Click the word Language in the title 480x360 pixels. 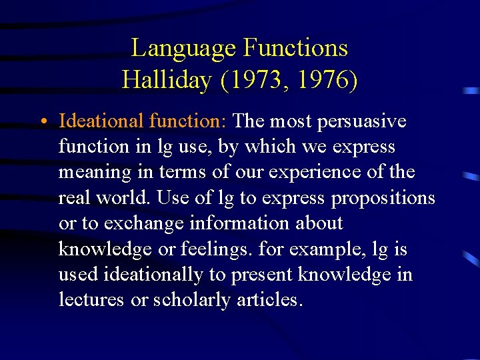(183, 49)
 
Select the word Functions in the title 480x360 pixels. (295, 49)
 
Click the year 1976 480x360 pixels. (323, 81)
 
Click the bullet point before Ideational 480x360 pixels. (42, 123)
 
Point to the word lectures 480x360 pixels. (91, 300)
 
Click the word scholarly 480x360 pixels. (192, 301)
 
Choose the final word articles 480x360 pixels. (270, 300)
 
